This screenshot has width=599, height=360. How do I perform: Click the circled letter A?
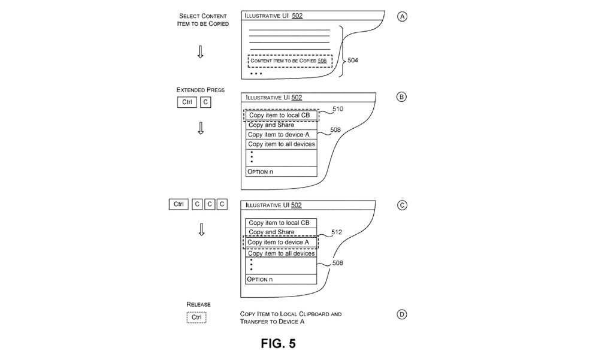pos(402,16)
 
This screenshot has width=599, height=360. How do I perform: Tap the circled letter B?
pos(401,96)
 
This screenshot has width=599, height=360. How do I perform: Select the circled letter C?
pos(402,205)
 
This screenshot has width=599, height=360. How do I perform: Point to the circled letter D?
pos(401,314)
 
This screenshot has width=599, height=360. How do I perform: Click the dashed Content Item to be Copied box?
pos(290,60)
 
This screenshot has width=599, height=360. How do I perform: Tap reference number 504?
pos(353,60)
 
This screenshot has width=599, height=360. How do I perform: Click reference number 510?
pos(338,109)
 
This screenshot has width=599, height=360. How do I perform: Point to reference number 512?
pos(337,232)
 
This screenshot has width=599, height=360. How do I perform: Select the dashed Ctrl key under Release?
pos(196,317)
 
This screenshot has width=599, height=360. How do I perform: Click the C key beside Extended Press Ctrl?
pos(205,102)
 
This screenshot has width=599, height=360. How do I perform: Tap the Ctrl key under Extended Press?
pos(187,102)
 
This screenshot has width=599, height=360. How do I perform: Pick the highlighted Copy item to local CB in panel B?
pos(281,116)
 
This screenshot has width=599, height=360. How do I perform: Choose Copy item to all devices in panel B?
pos(281,144)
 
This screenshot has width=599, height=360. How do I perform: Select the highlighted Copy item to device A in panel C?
pos(280,242)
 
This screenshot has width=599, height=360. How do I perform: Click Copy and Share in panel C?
pos(281,232)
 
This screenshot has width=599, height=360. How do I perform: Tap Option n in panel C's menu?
pos(281,279)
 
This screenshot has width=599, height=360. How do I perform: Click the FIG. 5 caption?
pos(278,343)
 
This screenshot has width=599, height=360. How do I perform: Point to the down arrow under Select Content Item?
pos(200,52)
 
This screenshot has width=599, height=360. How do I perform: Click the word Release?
pos(198,304)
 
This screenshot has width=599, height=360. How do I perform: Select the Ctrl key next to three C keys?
pos(179,204)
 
